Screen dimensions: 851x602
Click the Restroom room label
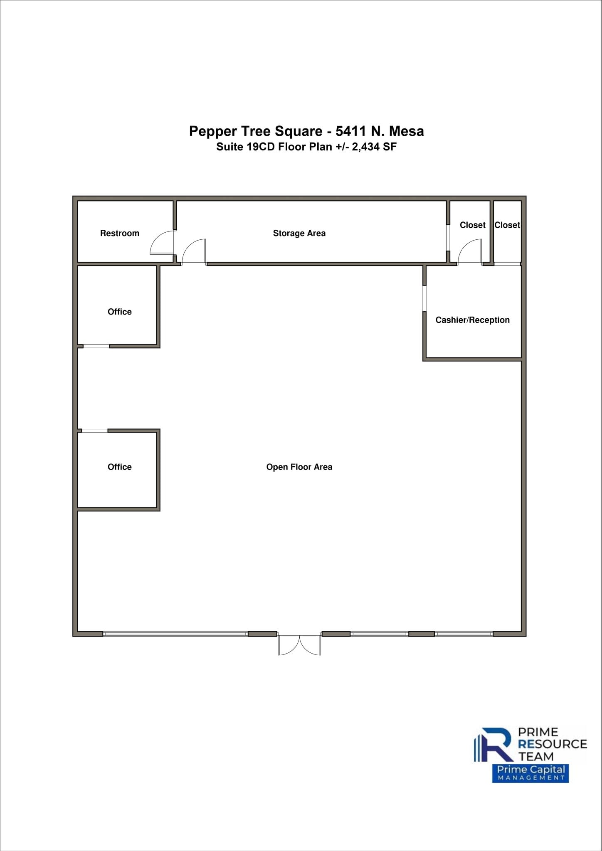pyautogui.click(x=119, y=233)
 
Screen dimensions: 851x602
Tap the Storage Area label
pyautogui.click(x=299, y=233)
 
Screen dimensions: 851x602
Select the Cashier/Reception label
pyautogui.click(x=472, y=320)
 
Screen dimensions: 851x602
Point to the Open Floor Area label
pyautogui.click(x=299, y=467)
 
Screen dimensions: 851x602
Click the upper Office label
pyautogui.click(x=119, y=312)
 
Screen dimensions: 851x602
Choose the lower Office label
pyautogui.click(x=119, y=467)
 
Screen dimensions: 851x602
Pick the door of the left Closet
pyautogui.click(x=470, y=252)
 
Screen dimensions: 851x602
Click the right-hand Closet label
pyautogui.click(x=507, y=225)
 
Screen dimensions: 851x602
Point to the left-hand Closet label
pyautogui.click(x=472, y=225)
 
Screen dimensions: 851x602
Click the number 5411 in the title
pyautogui.click(x=351, y=131)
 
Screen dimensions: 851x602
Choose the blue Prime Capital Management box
pyautogui.click(x=530, y=773)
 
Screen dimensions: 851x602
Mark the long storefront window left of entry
pyautogui.click(x=175, y=634)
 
